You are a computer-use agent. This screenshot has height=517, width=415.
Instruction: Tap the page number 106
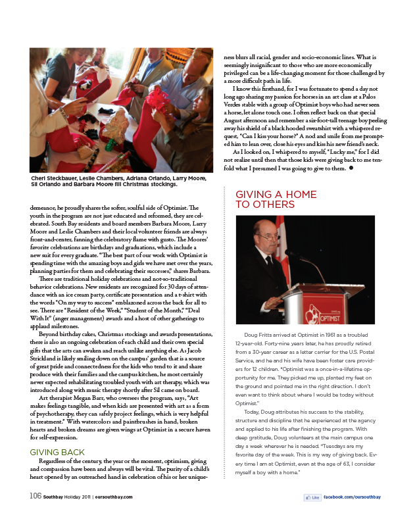click(x=35, y=495)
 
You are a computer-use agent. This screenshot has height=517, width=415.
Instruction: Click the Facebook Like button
click(x=312, y=497)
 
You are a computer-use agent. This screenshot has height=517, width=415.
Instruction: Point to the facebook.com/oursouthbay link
click(x=351, y=497)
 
